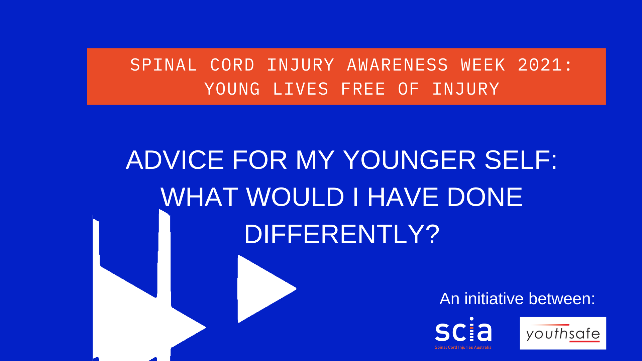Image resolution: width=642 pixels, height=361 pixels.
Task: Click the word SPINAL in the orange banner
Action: click(164, 65)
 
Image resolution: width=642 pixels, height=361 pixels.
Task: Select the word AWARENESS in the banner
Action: click(398, 65)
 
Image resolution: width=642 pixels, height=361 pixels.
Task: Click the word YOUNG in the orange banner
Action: click(232, 89)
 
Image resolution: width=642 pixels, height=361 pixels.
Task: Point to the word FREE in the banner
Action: click(363, 89)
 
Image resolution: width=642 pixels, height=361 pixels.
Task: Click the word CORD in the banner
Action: click(232, 65)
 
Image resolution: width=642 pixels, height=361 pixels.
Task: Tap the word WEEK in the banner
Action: click(483, 65)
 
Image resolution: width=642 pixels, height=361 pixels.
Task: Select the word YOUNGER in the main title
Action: click(409, 160)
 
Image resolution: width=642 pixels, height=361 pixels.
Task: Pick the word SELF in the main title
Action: click(517, 160)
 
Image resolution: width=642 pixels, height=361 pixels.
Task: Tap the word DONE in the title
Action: click(485, 197)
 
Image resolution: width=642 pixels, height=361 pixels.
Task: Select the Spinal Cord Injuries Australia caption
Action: click(463, 347)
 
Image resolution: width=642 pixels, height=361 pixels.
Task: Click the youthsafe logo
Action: click(563, 333)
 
